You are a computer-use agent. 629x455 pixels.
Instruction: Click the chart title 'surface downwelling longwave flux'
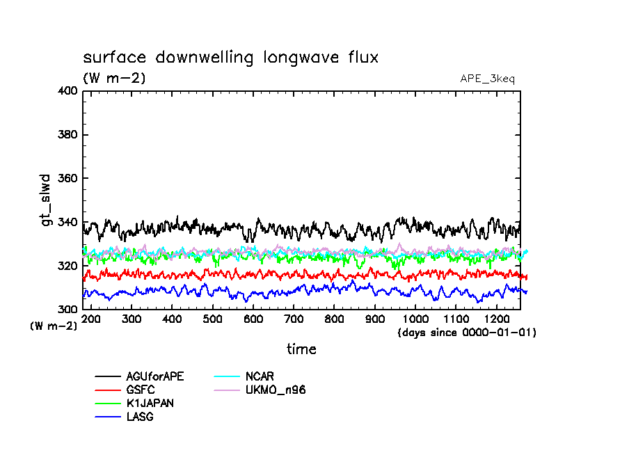pyautogui.click(x=230, y=58)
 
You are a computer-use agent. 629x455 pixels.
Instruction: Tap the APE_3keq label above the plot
pyautogui.click(x=487, y=79)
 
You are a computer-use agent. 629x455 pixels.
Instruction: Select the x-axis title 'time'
pyautogui.click(x=301, y=349)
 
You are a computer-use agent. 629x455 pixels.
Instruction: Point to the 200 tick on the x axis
pyautogui.click(x=91, y=319)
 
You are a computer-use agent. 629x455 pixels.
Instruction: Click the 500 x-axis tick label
pyautogui.click(x=213, y=319)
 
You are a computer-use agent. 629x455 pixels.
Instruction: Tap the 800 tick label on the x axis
pyautogui.click(x=334, y=319)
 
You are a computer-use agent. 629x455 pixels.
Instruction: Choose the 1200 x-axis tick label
pyautogui.click(x=496, y=319)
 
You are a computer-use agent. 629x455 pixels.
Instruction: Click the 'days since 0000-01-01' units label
pyautogui.click(x=466, y=333)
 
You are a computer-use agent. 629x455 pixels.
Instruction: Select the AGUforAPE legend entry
pyautogui.click(x=154, y=376)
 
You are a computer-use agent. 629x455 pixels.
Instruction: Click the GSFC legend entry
pyautogui.click(x=141, y=390)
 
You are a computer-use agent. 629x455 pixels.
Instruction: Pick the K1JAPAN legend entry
pyautogui.click(x=150, y=404)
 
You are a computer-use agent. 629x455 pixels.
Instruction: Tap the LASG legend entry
pyautogui.click(x=140, y=417)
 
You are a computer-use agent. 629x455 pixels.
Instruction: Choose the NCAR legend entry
pyautogui.click(x=260, y=376)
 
